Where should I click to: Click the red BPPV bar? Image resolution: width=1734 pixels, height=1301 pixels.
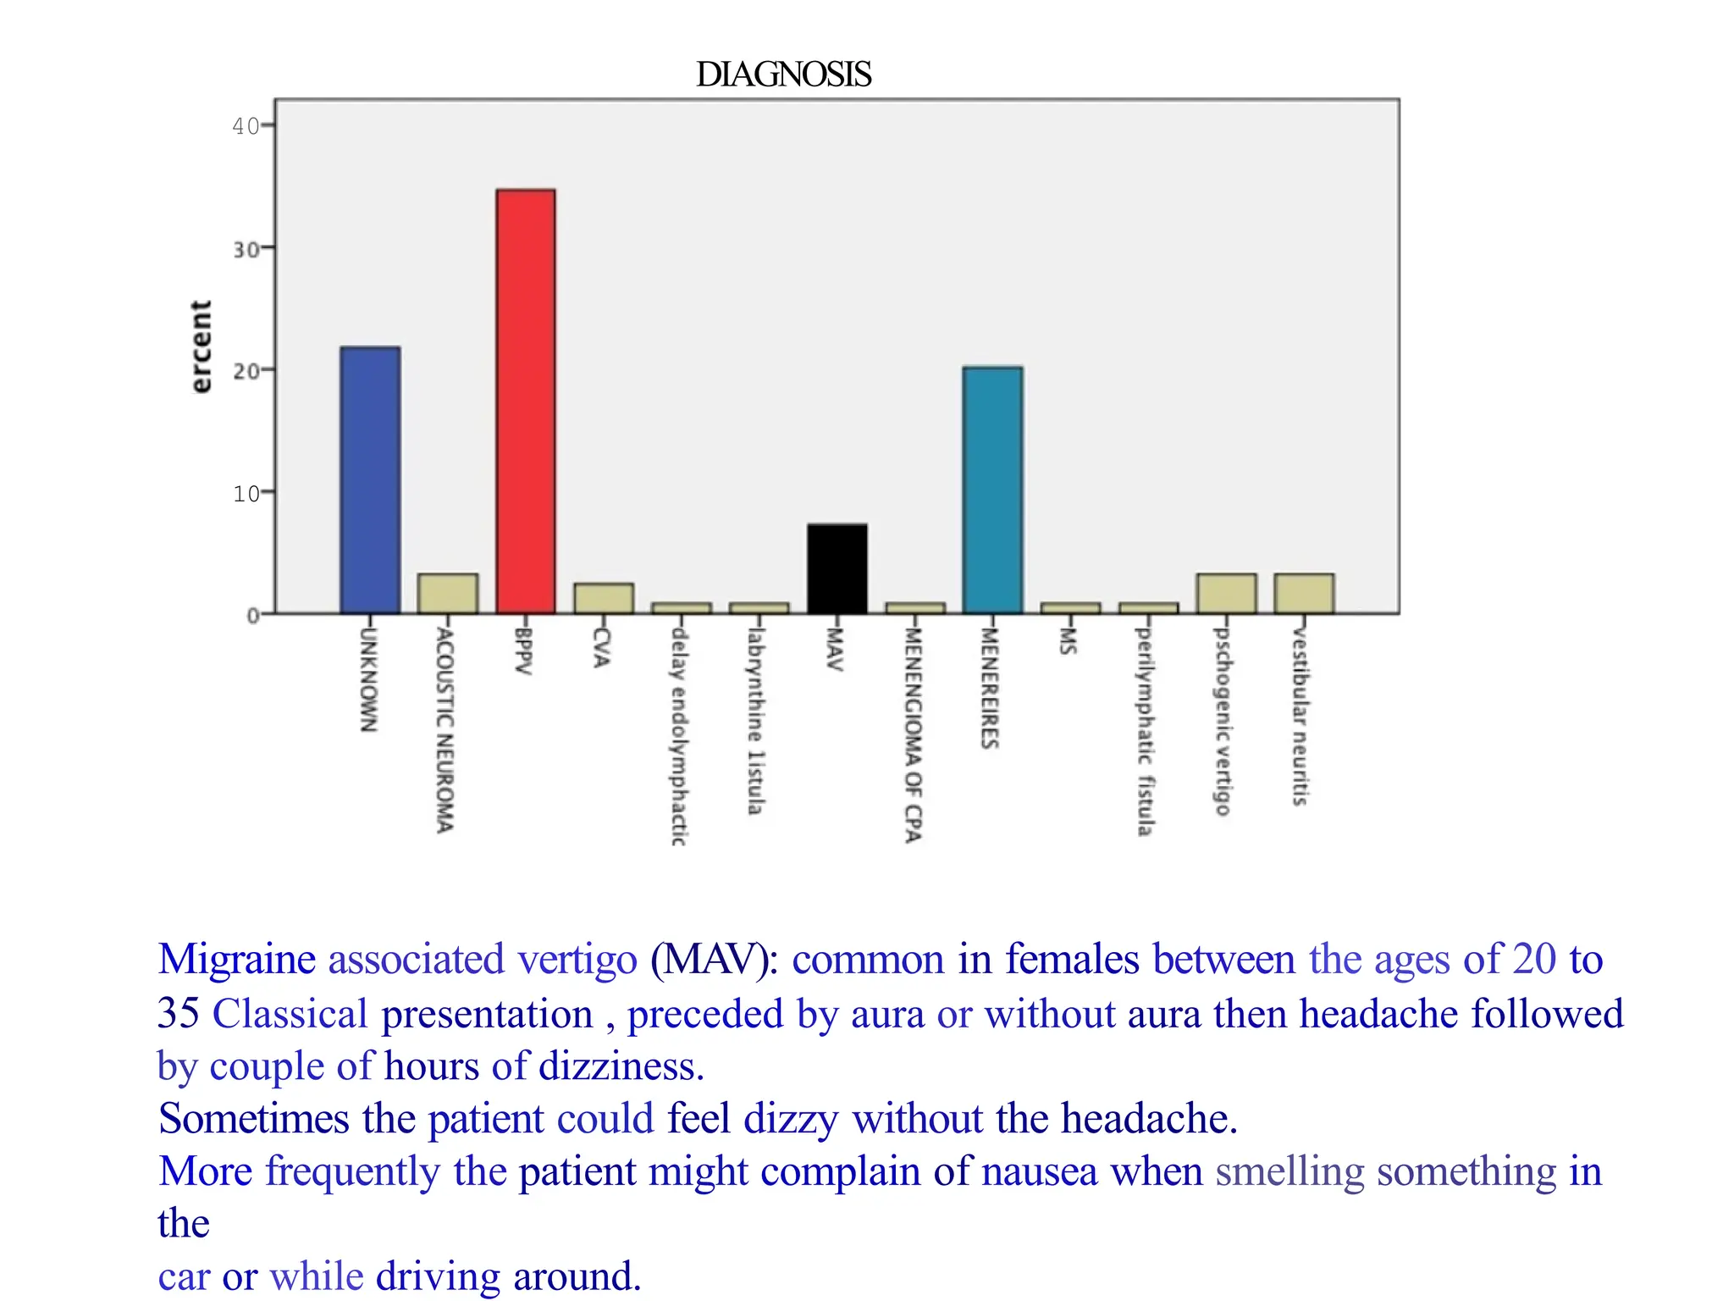point(526,401)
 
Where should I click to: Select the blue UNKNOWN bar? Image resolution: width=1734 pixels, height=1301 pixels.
point(370,480)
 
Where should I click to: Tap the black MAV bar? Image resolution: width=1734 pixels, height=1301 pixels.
point(837,569)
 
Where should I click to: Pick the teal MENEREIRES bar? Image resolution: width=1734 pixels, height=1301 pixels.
point(992,490)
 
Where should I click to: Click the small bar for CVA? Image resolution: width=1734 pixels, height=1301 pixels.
point(603,598)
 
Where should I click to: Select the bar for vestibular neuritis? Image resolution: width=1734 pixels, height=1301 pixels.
point(1304,594)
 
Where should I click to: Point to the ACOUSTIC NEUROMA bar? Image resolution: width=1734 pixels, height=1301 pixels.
point(447,594)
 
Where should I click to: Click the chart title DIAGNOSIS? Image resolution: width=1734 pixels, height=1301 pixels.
point(783,75)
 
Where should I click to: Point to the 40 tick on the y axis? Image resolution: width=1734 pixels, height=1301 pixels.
point(246,126)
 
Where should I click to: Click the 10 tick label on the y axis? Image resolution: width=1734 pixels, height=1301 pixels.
point(246,493)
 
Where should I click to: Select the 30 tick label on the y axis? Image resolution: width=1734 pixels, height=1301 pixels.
point(246,250)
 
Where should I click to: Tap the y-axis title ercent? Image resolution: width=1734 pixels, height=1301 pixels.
point(200,346)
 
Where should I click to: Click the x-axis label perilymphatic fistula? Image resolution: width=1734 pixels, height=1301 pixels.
point(1145,730)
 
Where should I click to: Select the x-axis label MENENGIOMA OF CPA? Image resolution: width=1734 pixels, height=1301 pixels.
point(912,734)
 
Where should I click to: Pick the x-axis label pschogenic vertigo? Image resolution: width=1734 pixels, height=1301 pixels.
point(1222,721)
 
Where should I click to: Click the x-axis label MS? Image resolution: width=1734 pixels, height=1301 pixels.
point(1068,640)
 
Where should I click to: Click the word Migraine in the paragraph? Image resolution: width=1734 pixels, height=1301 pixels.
point(236,960)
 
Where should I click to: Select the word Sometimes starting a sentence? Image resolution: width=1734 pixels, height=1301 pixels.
point(253,1118)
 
